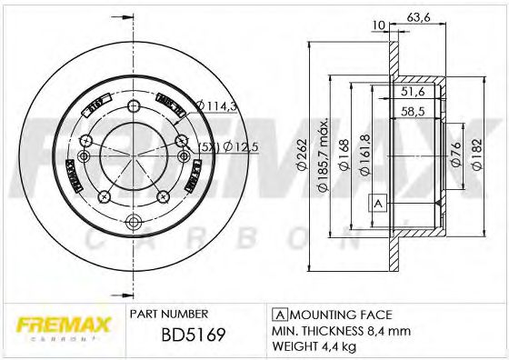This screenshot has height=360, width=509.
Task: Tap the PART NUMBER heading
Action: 170,312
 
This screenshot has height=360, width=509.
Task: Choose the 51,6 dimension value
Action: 414,93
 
